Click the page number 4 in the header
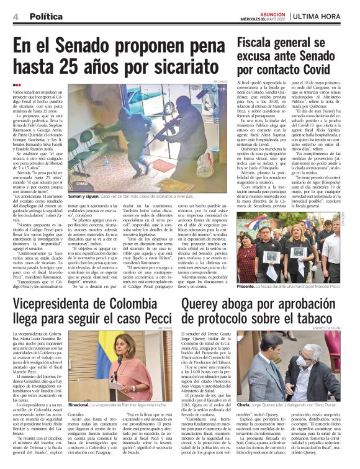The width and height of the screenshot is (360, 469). (x=14, y=16)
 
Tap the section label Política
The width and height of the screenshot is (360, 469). (x=45, y=16)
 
